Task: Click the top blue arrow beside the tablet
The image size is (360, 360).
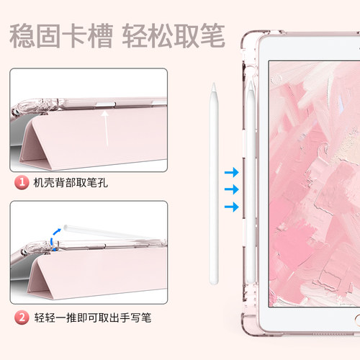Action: [231, 172]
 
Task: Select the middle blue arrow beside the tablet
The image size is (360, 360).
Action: [231, 189]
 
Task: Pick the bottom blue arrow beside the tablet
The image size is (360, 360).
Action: [231, 207]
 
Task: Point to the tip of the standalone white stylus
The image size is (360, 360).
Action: [214, 89]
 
